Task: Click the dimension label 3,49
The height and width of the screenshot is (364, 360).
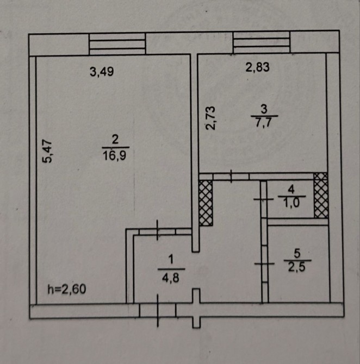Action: click(101, 71)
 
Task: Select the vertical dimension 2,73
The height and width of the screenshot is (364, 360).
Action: click(211, 118)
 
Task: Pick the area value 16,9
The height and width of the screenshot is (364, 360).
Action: click(115, 155)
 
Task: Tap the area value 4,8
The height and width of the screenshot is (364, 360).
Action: click(171, 275)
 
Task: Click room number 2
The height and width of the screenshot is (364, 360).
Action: click(115, 140)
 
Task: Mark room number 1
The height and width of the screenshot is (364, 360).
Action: click(171, 261)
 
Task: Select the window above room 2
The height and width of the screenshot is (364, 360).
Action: click(117, 43)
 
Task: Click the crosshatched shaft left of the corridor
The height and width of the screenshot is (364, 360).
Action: click(206, 203)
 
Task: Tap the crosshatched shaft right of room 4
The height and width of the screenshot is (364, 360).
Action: click(321, 196)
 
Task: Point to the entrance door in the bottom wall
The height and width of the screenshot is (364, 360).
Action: click(158, 310)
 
